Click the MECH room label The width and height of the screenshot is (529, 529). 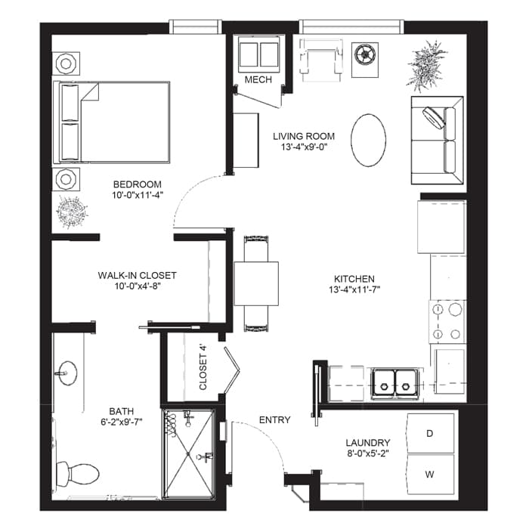[x=258, y=79]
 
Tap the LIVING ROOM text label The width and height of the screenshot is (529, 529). [x=303, y=136]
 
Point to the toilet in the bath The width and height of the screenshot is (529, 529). [x=79, y=474]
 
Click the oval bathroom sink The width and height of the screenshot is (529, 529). [x=67, y=373]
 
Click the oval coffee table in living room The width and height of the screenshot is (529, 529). [x=369, y=141]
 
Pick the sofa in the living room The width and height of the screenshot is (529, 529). [x=438, y=141]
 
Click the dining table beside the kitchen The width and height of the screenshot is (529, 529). [x=256, y=283]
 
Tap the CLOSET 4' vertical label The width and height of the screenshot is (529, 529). [x=203, y=367]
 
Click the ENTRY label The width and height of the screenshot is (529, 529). [x=275, y=419]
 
